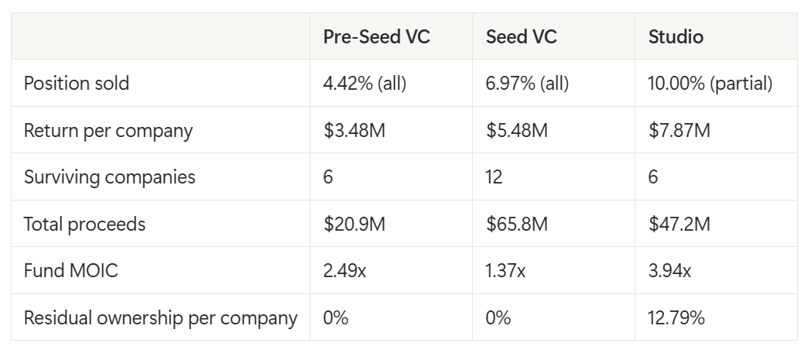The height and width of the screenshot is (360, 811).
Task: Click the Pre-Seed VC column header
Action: [x=377, y=36]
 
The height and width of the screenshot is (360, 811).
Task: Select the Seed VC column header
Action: [x=522, y=36]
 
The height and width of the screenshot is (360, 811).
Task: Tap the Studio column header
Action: [x=676, y=36]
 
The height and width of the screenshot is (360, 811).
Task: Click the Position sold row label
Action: [x=77, y=84]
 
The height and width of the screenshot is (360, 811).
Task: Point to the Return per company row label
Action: [x=108, y=131]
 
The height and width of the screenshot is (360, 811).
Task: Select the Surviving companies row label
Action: [x=110, y=177]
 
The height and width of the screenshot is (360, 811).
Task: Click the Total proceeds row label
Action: [x=85, y=224]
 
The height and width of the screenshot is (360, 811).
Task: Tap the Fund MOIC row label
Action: [x=71, y=270]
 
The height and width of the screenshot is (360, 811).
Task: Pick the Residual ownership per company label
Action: [x=160, y=317]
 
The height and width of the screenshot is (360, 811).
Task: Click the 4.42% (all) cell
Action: [x=364, y=84]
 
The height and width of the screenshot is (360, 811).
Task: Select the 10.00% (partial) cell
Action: [x=710, y=84]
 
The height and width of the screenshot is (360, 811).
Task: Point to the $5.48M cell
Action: [x=517, y=130]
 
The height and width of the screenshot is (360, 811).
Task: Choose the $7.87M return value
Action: [x=679, y=130]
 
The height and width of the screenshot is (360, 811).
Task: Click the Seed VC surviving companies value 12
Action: [x=494, y=177]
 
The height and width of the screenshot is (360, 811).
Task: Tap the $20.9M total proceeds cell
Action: [x=354, y=224]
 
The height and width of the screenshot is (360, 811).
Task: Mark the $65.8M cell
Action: [x=517, y=224]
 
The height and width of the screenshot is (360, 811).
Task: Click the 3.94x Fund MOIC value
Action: [x=669, y=270]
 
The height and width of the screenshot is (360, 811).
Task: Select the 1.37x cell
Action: [x=505, y=270]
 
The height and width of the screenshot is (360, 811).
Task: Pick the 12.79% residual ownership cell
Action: [x=676, y=317]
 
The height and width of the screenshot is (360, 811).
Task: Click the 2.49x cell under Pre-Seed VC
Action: [x=344, y=270]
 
